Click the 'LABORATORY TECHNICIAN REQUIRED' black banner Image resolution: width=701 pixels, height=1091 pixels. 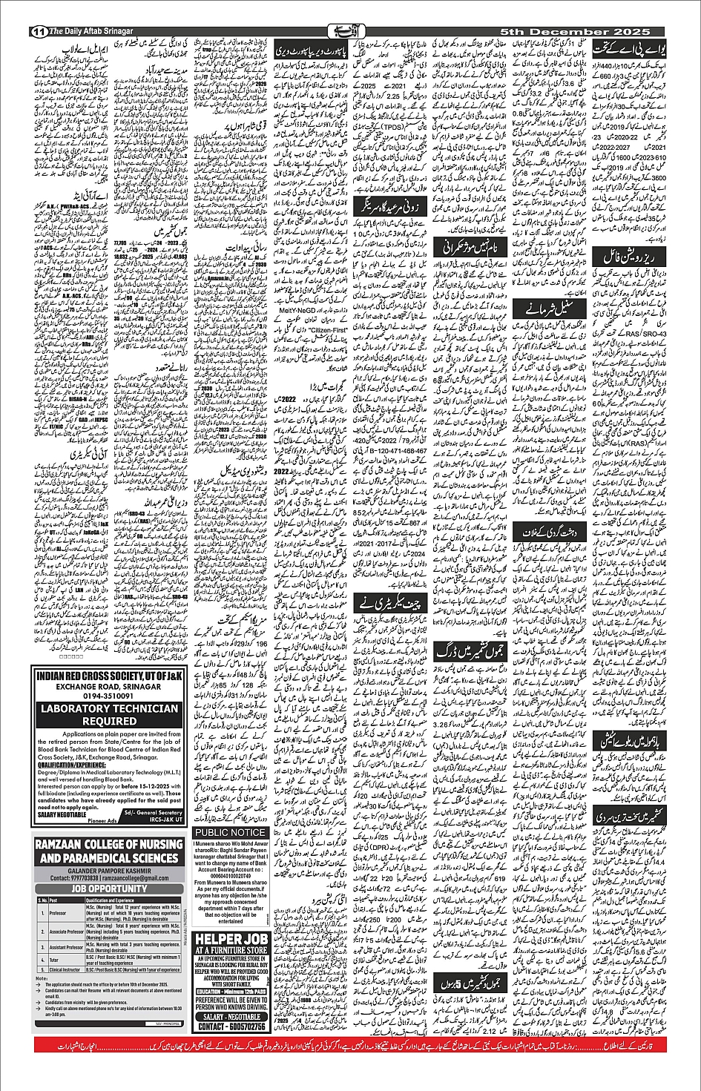109,714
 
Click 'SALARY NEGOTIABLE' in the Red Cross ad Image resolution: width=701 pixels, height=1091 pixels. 62,814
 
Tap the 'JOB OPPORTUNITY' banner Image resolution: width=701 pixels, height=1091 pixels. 109,889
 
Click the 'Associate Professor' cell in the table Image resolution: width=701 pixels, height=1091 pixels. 65,932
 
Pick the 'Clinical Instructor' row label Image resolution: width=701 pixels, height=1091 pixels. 65,969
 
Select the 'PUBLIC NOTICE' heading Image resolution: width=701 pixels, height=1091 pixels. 230,833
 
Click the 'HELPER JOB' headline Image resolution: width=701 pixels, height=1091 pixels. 230,937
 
